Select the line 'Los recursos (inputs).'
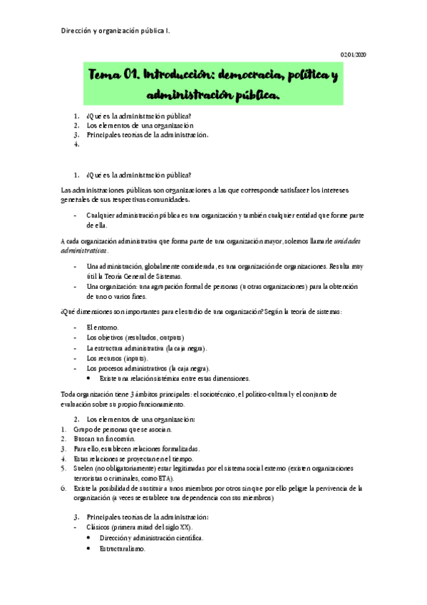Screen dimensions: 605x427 (x=117, y=357)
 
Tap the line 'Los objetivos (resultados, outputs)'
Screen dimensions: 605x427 (x=135, y=337)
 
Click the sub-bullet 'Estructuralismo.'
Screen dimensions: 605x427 (x=123, y=549)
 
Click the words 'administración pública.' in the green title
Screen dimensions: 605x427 (x=213, y=94)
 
